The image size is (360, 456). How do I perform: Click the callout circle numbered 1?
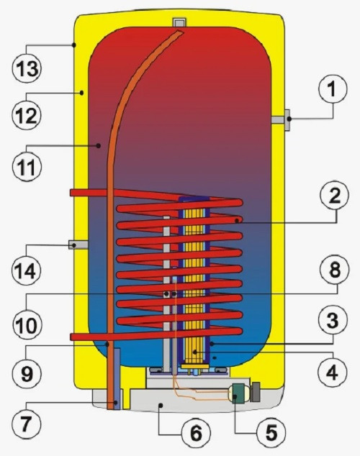tap(333, 88)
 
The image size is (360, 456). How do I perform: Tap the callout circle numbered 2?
tap(334, 196)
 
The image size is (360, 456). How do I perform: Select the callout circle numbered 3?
tap(333, 320)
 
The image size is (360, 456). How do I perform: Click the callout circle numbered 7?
tap(27, 424)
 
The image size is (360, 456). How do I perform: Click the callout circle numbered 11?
tap(27, 167)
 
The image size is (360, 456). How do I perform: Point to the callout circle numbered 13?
tap(27, 68)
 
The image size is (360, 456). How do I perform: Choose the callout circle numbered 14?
tap(27, 270)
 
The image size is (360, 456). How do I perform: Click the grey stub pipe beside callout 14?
tap(78, 245)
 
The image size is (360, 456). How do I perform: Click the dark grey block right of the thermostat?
tap(255, 392)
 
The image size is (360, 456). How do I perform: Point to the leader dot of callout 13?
tap(74, 45)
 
